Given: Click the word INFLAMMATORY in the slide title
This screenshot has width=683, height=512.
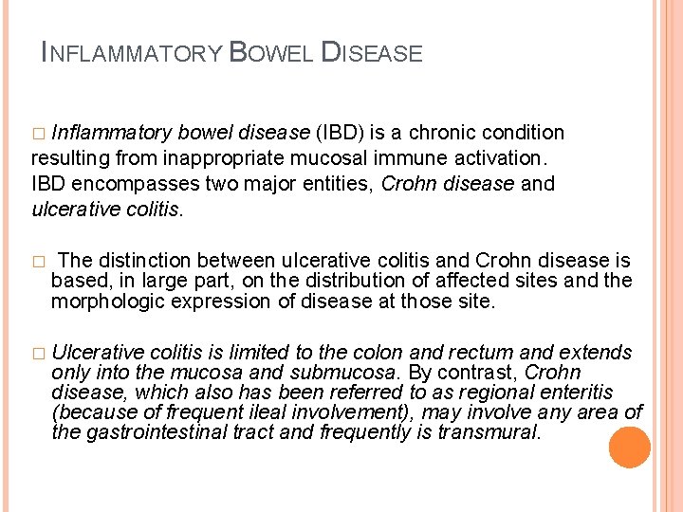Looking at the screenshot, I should pyautogui.click(x=132, y=54).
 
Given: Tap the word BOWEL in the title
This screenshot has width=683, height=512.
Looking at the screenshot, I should pyautogui.click(x=271, y=53).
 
